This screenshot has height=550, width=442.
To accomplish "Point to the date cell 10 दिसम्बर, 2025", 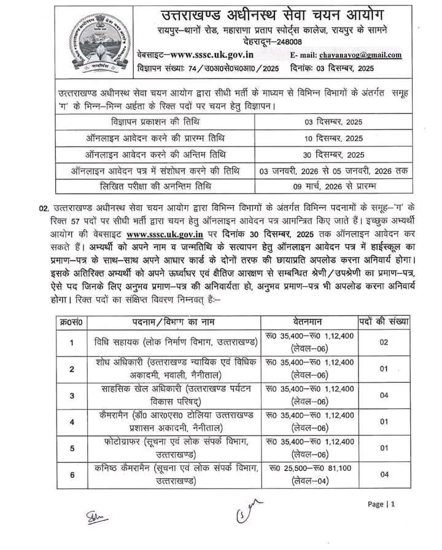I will pos(336,139).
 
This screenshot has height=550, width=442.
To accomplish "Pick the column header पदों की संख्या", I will pos(384,322).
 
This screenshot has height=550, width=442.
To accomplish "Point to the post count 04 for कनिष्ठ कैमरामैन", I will pos(384,474).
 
